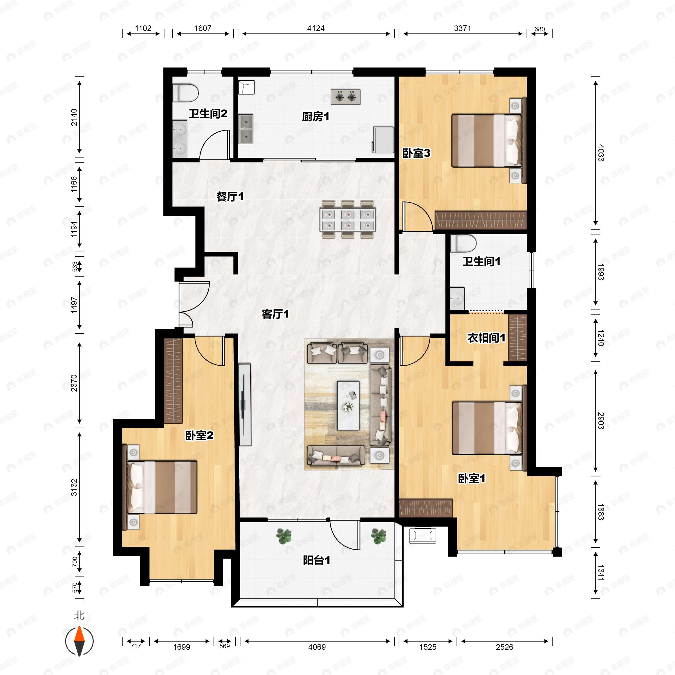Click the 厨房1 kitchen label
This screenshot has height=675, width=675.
316,117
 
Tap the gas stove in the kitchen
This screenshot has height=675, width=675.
346,97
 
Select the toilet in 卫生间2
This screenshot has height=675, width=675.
186,93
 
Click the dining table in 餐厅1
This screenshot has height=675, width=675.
348,219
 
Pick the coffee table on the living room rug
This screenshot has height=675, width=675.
348,405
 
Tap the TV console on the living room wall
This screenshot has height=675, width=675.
245,405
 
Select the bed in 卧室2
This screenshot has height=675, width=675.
162,487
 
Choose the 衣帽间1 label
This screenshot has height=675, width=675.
486,338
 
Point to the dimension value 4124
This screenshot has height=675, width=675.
316,28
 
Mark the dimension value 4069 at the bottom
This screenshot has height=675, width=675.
317,647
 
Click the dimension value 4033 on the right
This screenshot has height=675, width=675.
600,153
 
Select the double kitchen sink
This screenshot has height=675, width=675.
246,129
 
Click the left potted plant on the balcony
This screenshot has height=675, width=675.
284,536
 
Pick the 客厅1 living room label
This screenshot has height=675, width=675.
275,314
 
